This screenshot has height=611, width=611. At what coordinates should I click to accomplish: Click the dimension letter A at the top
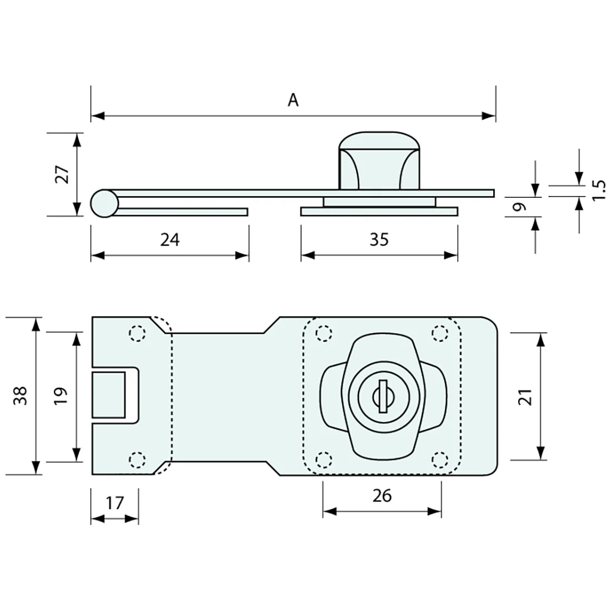pos(293,100)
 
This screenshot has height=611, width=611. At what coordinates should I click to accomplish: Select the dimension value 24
pos(169,239)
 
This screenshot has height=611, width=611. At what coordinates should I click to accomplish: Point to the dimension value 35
pos(379,239)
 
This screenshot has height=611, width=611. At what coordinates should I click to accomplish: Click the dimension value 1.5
pos(598,191)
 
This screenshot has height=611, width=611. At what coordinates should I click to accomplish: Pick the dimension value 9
pos(518,207)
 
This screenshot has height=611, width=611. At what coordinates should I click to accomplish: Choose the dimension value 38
pos(20,396)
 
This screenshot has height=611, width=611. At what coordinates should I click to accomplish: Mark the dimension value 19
pos(61,396)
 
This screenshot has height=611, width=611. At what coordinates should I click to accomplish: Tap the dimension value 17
pos(114,503)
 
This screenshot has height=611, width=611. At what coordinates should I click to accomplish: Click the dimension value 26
pos(382,495)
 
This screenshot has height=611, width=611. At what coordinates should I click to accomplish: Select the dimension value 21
pos(527,397)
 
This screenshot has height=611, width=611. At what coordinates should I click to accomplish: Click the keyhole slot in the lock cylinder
pos(382,396)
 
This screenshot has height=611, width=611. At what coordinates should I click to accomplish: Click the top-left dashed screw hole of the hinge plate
pos(137,333)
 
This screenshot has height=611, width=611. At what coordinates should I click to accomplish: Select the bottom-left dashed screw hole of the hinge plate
pos(137,459)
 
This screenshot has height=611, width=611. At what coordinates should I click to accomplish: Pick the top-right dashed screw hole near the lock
pos(440,333)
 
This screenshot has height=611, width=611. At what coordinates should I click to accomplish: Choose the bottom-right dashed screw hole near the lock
pos(440,459)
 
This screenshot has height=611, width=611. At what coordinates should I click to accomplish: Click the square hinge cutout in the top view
pos(109,394)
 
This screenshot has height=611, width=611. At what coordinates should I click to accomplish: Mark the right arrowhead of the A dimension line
pos(489,116)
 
